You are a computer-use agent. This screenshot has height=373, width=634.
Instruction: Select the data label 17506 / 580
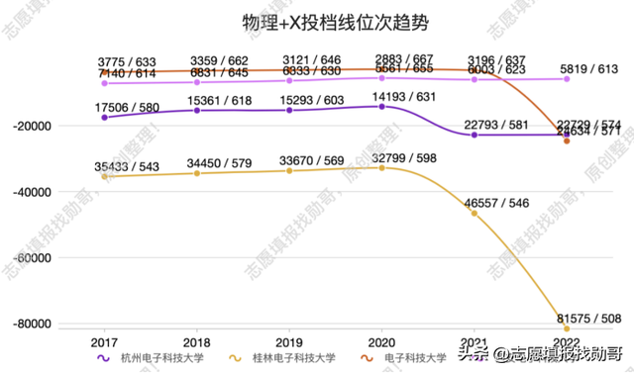(104, 108)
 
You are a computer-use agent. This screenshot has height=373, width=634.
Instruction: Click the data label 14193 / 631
(381, 97)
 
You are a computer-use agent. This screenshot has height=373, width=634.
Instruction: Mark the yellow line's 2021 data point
(474, 214)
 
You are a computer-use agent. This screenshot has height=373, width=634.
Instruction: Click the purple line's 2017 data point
(104, 118)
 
